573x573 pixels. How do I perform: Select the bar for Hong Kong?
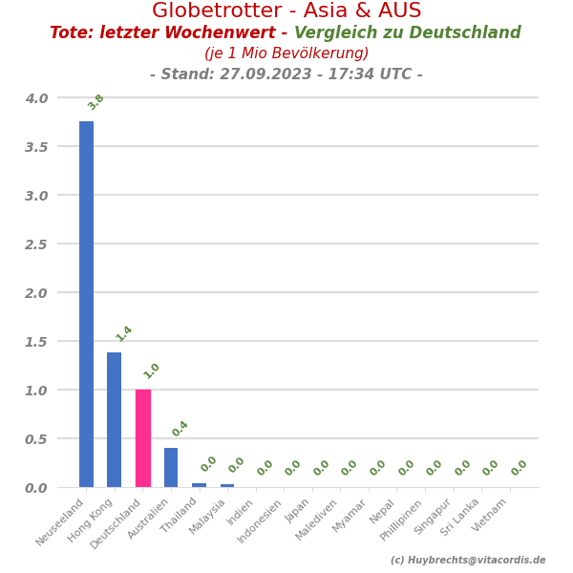pos(115,419)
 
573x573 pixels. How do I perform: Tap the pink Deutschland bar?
pos(142,438)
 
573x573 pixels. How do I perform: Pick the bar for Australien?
pos(171,467)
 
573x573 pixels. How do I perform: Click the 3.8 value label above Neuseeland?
pos(95,102)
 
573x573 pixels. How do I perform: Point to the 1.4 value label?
pos(124,333)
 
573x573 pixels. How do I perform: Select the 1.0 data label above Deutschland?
pos(152,371)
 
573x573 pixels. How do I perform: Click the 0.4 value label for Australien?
pos(180,429)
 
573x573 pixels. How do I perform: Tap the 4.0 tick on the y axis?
pos(36,98)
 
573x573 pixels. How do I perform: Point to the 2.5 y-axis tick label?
pos(36,244)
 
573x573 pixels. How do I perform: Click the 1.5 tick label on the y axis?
pos(36,342)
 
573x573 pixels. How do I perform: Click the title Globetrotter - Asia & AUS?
pos(286,11)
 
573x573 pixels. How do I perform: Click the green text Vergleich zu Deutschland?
pos(408,33)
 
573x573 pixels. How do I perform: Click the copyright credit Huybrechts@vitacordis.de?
pos(477,561)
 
